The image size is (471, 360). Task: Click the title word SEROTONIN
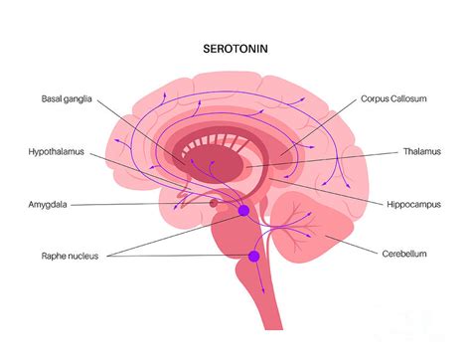[235, 47]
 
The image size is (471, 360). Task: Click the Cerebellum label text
[404, 255]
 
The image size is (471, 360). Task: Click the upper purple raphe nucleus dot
[242, 211]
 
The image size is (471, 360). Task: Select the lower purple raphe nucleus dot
[253, 257]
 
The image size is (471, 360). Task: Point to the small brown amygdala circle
[214, 204]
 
